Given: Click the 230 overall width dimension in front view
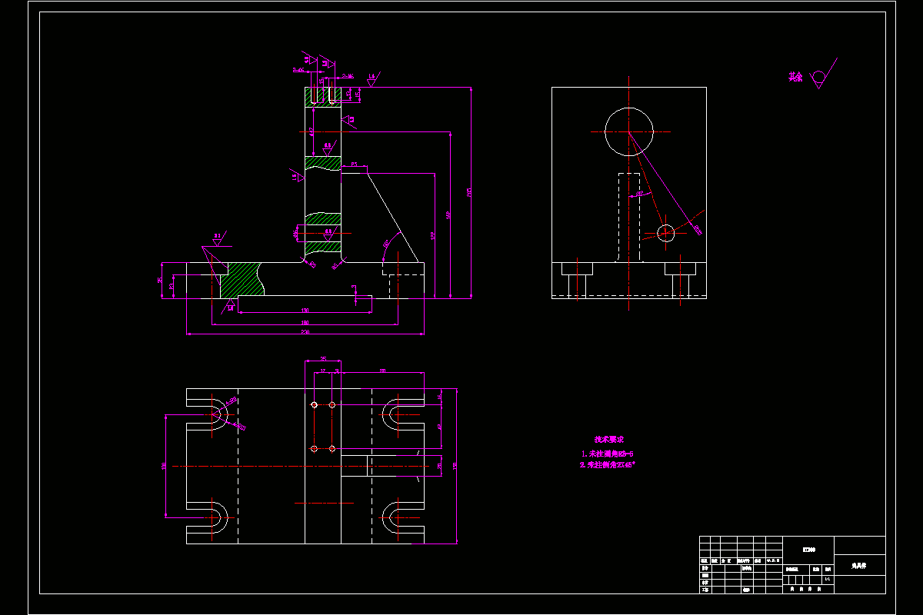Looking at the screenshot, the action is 305,332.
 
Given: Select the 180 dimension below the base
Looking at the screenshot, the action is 305,322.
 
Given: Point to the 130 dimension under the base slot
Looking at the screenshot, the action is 305,311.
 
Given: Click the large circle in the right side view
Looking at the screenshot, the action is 628,132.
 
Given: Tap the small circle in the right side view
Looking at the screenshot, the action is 666,232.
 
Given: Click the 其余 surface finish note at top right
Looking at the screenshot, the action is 795,77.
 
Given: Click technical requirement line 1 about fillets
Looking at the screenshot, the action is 608,454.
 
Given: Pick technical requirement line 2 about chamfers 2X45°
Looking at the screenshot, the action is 608,465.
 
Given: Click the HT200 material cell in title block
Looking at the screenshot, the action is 808,549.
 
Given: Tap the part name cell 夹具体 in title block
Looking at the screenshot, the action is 859,565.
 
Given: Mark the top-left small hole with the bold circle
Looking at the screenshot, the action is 314,404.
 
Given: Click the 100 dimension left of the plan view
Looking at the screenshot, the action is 164,466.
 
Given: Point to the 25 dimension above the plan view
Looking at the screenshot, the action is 323,359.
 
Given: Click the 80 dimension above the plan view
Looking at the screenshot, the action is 382,371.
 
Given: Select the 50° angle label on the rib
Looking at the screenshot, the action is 385,244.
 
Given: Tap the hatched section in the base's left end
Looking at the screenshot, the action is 243,281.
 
